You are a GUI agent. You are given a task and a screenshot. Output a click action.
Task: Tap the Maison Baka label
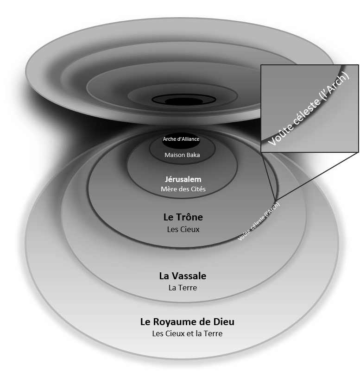(x=182, y=155)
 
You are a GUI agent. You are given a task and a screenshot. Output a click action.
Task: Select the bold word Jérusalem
(x=183, y=179)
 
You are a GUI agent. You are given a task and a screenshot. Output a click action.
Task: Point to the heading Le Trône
(x=183, y=217)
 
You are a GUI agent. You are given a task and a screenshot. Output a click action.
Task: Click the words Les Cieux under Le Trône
(x=183, y=229)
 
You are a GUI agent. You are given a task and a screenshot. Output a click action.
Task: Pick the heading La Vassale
(x=183, y=276)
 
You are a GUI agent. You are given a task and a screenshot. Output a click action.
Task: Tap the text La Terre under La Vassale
(x=183, y=288)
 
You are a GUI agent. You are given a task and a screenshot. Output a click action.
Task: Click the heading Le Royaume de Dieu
(x=187, y=322)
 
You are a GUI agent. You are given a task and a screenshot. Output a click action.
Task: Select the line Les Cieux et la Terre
(x=187, y=333)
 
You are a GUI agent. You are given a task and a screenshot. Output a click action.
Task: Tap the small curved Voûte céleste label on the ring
(x=259, y=221)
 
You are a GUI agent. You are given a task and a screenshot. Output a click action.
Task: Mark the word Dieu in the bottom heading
(x=224, y=322)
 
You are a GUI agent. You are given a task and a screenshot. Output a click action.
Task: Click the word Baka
(x=192, y=155)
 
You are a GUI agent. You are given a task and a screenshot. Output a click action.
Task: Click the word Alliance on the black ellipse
(x=190, y=138)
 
